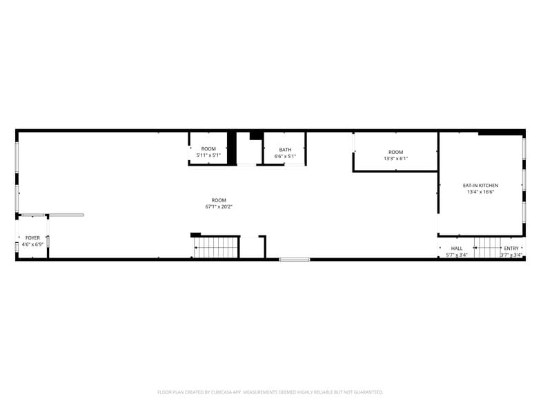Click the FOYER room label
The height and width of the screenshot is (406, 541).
point(32,238)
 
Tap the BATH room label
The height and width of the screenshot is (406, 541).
point(285,150)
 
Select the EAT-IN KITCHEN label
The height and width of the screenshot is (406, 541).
point(480,185)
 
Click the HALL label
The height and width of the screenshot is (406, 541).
point(457,249)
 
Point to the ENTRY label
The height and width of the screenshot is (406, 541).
point(511,249)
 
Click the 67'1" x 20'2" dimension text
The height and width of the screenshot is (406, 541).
point(219,206)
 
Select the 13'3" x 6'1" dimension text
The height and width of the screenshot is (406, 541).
point(395,159)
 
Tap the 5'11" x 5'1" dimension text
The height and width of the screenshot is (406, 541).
point(208,155)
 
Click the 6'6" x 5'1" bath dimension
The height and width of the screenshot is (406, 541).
point(285,157)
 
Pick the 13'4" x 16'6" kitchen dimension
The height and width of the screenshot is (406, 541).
point(480,192)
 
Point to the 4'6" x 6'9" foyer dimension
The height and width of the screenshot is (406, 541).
point(32,244)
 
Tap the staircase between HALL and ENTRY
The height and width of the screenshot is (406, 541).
point(486,247)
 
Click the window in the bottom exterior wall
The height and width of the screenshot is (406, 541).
point(295,260)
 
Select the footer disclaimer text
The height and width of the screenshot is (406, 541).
point(270,391)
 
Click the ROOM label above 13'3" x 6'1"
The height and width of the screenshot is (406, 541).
point(395,152)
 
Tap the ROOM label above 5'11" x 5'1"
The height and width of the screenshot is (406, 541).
point(208,148)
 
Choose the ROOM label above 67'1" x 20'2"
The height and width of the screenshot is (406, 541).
point(219,200)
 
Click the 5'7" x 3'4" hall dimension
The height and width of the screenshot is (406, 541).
point(457,255)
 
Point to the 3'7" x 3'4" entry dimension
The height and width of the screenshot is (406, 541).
point(511,255)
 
